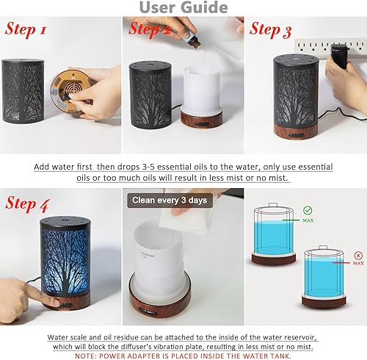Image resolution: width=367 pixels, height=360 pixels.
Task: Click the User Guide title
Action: click(x=183, y=8)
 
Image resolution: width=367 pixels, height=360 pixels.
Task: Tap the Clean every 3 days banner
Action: click(x=167, y=200)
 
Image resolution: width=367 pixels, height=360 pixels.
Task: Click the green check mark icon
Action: click(x=308, y=209)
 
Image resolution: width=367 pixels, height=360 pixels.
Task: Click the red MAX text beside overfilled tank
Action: click(x=357, y=262)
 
